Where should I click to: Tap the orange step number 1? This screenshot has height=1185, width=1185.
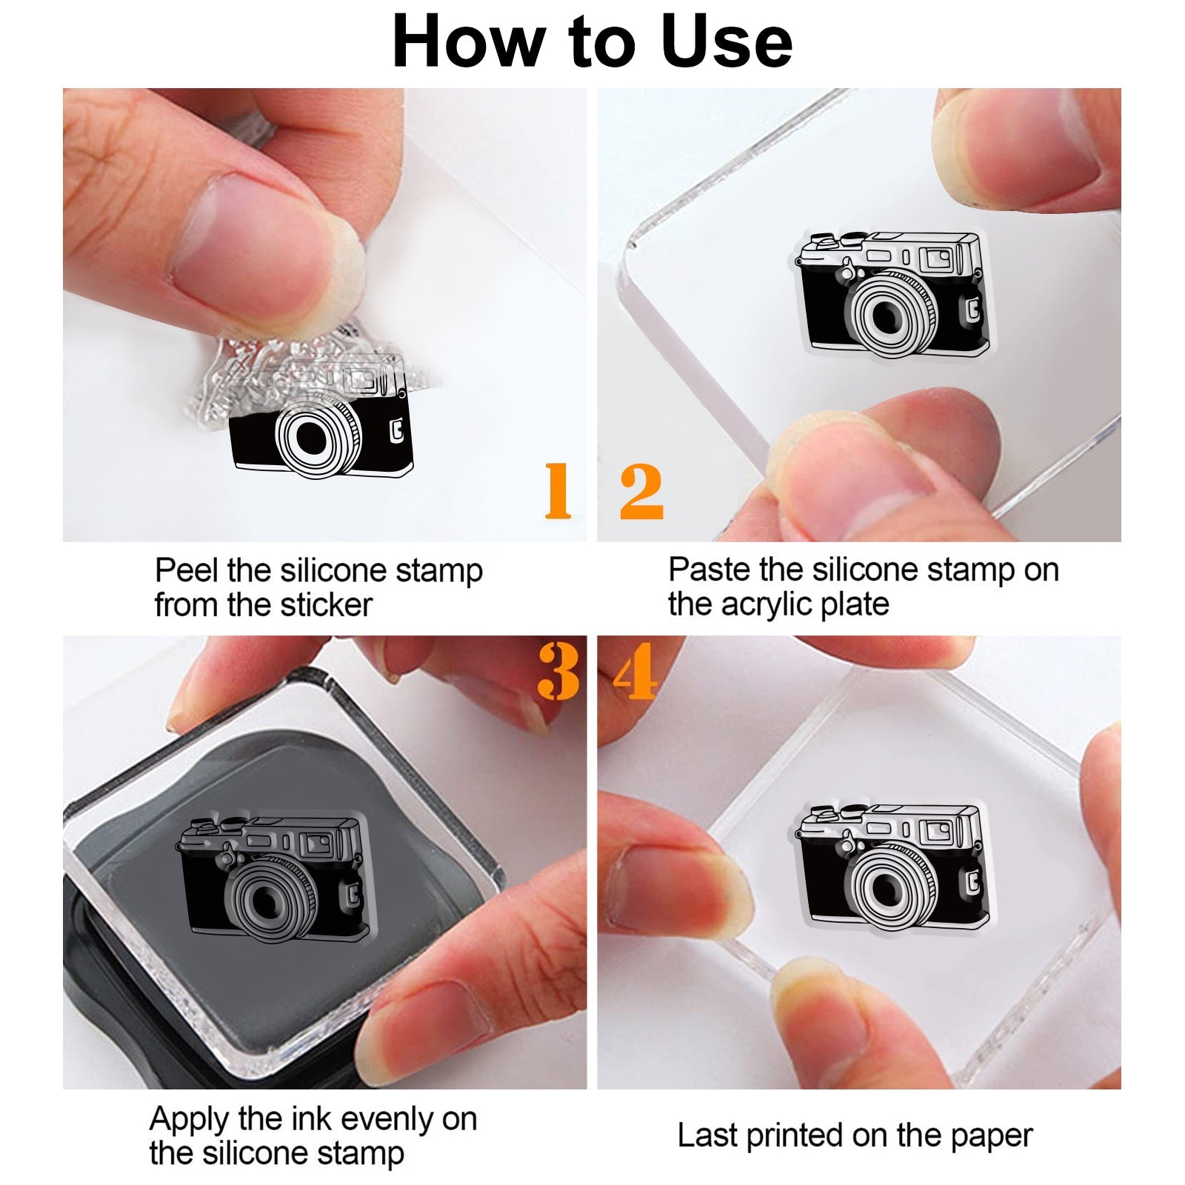click(558, 490)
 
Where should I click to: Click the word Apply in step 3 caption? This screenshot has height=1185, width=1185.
click(190, 1120)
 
